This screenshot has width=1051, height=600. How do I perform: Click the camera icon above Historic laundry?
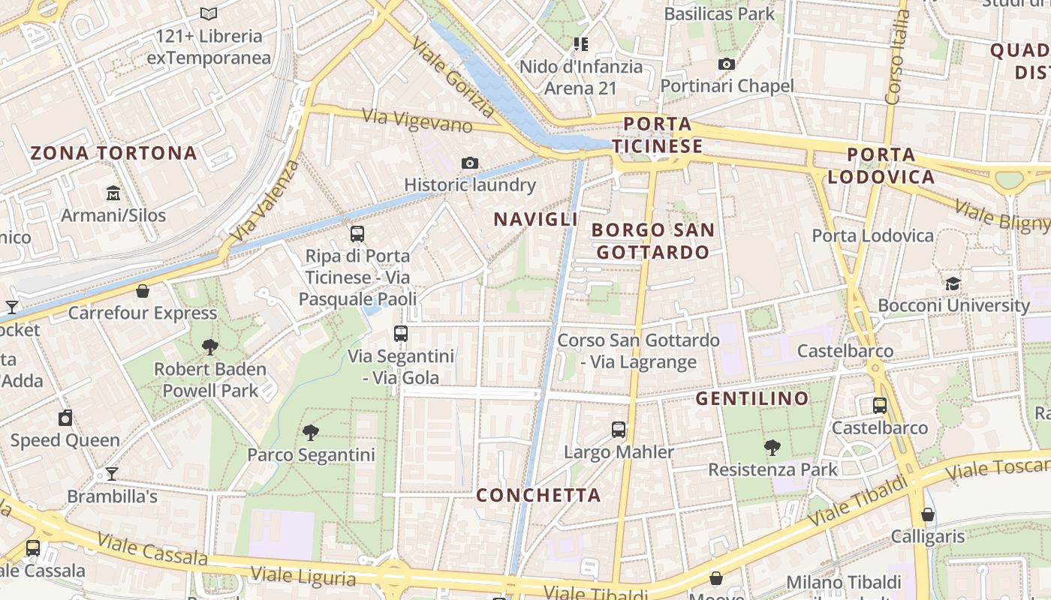[x=470, y=163]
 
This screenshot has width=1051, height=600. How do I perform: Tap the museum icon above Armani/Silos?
[x=113, y=193]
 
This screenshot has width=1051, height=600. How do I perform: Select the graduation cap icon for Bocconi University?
[x=953, y=283]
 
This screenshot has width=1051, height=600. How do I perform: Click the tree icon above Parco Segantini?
[x=310, y=432]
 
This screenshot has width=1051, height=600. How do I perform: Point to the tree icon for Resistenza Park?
[x=772, y=448]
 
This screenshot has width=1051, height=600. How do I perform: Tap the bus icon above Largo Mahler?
[x=619, y=430]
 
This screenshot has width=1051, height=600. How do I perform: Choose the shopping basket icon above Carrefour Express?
[x=143, y=291]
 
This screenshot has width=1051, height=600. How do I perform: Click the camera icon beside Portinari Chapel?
[x=726, y=64]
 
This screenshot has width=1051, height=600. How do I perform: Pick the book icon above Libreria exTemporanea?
[x=209, y=13]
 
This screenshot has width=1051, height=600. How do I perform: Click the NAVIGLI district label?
[x=535, y=219]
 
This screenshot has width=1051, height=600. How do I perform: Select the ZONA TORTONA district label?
[x=113, y=154]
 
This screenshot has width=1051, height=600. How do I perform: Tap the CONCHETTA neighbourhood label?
[x=538, y=495]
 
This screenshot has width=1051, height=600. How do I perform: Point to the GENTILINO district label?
[x=752, y=398]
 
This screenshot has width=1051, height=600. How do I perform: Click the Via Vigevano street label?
[x=417, y=120]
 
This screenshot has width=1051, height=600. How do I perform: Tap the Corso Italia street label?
[x=895, y=56]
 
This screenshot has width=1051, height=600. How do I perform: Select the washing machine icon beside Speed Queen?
[x=65, y=418]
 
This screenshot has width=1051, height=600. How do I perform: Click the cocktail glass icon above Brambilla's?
[x=112, y=473]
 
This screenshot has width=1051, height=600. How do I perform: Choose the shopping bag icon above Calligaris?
[x=928, y=514]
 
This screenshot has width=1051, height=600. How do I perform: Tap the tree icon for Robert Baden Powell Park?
[x=210, y=346]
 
